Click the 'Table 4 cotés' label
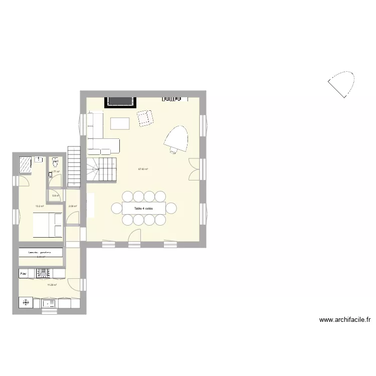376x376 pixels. click(143, 208)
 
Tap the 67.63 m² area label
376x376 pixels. click(143, 169)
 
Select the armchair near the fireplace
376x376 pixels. click(145, 118)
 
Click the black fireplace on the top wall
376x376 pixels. click(120, 101)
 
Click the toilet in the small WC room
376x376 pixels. click(55, 162)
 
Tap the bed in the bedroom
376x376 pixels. click(48, 225)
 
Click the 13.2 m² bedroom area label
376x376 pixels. click(39, 206)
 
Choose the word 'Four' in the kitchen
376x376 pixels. click(23, 274)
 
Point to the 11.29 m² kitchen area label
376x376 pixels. click(52, 285)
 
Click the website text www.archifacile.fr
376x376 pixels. click(344, 319)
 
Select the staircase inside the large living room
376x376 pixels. click(102, 170)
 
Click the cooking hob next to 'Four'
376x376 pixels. click(44, 273)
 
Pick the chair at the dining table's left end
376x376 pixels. click(116, 208)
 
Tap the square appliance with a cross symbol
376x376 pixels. click(26, 302)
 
